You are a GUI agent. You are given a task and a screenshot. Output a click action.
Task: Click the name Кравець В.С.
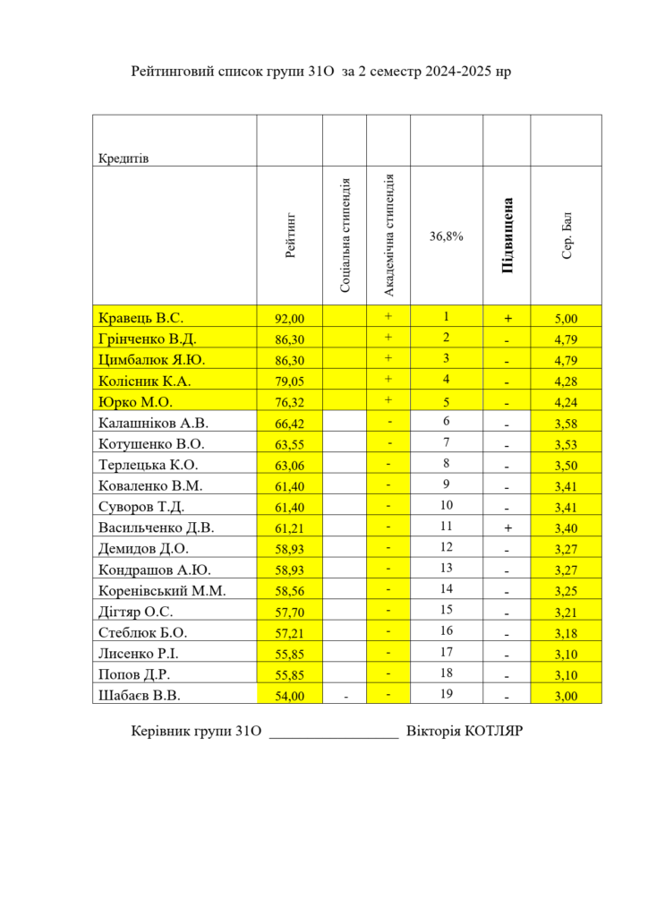click(141, 318)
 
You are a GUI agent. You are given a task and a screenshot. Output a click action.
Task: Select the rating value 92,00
click(289, 318)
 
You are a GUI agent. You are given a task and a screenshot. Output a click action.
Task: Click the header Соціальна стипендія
click(345, 236)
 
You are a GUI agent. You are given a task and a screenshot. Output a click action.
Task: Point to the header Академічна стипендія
click(388, 236)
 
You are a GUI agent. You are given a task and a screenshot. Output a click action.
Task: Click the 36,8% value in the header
click(446, 237)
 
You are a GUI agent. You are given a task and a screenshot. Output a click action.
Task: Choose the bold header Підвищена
click(507, 236)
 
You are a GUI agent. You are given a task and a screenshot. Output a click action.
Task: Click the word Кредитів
click(124, 159)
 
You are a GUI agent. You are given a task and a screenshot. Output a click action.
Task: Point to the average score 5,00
click(566, 318)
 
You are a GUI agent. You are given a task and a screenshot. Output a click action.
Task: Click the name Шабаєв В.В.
click(141, 694)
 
